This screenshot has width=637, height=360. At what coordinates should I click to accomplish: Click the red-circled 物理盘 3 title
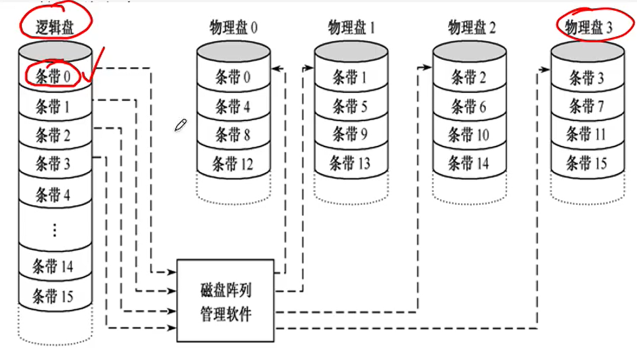coord(589,27)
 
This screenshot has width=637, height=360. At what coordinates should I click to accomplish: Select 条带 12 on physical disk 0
coord(233,164)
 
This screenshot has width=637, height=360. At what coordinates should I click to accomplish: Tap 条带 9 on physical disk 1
coord(350,135)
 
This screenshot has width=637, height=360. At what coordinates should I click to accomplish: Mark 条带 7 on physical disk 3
coord(587,106)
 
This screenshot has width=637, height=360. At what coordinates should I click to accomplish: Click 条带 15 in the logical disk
coord(53,296)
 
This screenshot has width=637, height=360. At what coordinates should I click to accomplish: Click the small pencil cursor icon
coord(181,124)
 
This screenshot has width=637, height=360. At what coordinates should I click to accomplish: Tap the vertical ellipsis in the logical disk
coord(54,230)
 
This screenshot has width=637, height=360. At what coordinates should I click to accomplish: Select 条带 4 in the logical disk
coord(53,194)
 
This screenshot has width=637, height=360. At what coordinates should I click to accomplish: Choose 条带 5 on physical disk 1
coord(350,106)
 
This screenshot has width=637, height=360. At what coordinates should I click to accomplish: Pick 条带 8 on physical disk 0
coord(233,135)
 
